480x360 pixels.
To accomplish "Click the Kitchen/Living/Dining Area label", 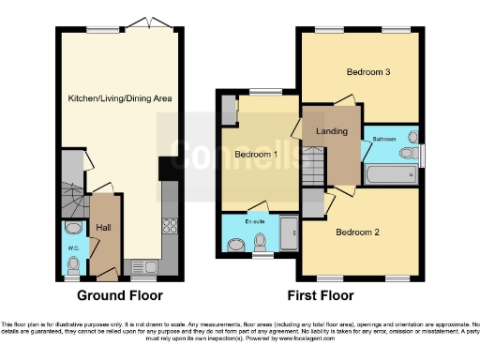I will (x=119, y=98).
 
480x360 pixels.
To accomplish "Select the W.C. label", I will (x=73, y=248).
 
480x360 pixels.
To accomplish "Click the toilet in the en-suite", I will (x=262, y=245).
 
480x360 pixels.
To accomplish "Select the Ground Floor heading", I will (x=119, y=295).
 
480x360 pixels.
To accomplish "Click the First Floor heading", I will (x=321, y=295).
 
